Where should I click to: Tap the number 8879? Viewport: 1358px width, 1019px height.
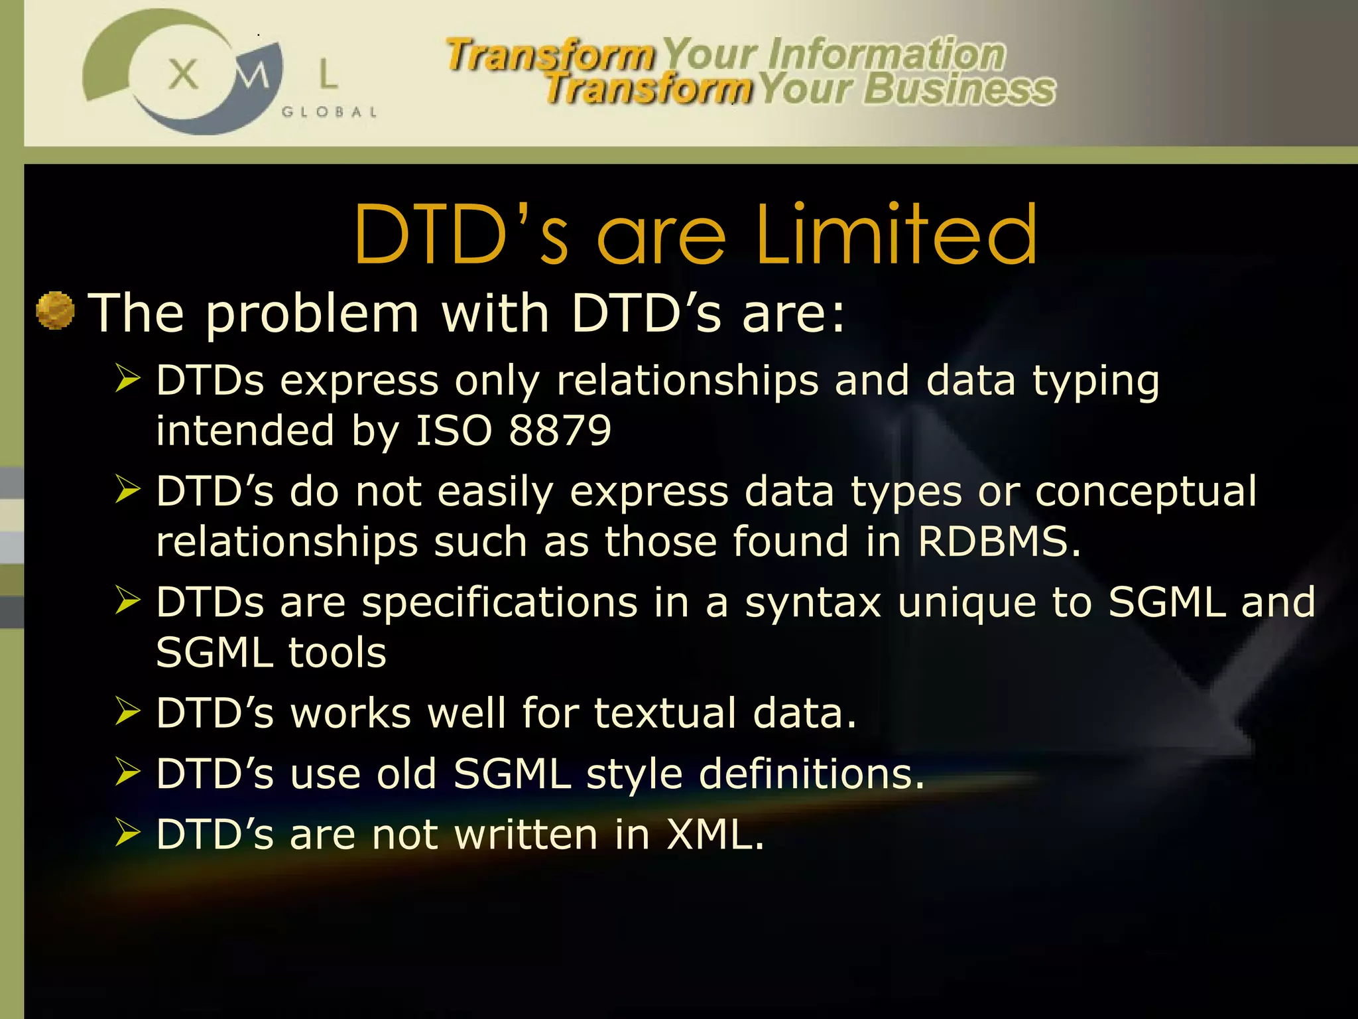tap(560, 431)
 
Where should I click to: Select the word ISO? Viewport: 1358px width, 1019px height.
tap(454, 431)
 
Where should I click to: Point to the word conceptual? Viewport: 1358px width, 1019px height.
tap(1145, 492)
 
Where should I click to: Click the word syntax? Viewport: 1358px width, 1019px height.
tap(813, 602)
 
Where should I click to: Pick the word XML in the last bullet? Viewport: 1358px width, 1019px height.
tap(714, 835)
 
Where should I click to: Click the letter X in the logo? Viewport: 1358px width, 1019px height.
tap(183, 74)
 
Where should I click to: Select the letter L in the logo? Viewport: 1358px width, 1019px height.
tap(328, 74)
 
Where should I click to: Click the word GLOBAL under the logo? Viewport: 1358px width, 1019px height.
tap(330, 112)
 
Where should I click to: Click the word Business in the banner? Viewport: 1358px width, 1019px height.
tap(959, 90)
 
